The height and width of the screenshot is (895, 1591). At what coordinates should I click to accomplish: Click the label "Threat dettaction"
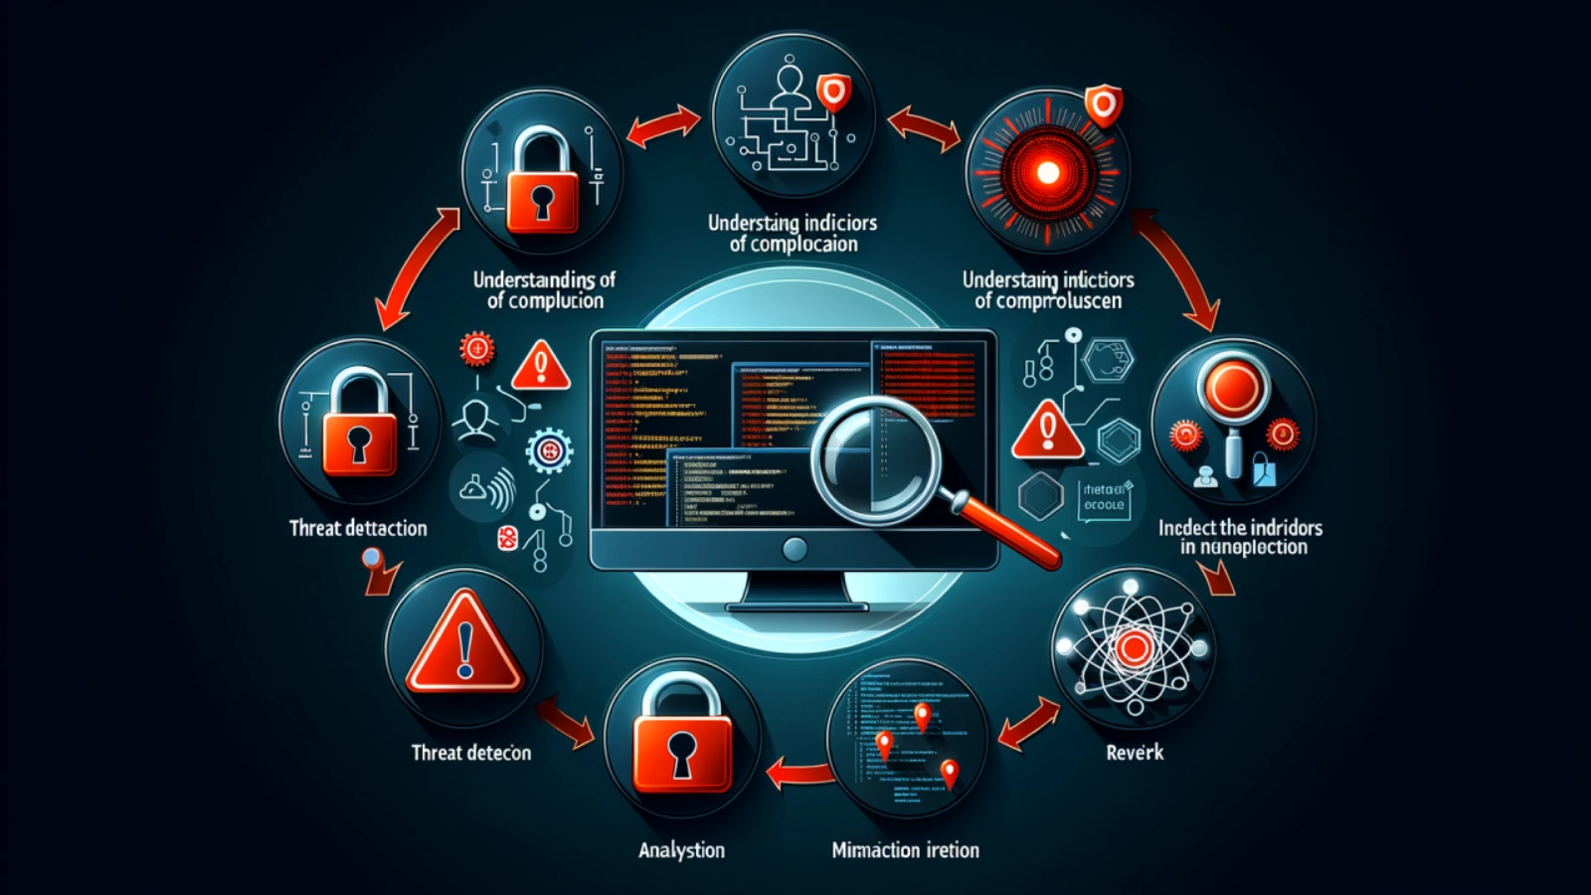(358, 528)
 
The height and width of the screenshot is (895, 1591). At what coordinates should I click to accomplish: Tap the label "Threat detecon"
(471, 753)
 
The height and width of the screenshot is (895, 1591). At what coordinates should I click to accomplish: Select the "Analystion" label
(681, 850)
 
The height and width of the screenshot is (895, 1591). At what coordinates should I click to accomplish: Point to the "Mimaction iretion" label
(905, 850)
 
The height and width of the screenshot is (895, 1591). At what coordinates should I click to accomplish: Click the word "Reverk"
(1135, 753)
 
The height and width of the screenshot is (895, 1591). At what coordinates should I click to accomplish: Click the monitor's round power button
(795, 548)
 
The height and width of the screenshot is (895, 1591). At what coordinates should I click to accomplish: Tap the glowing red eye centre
(1047, 173)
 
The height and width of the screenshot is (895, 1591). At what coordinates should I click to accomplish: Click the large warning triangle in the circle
(464, 644)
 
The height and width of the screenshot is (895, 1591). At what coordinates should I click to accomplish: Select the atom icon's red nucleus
(1134, 648)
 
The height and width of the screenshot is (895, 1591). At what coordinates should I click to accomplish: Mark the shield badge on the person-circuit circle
(833, 94)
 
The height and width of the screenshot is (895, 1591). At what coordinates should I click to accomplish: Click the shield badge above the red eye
(1103, 103)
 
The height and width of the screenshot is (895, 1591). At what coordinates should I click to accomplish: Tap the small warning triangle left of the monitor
(541, 366)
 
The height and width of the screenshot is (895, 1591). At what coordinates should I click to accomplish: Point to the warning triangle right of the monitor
(1046, 430)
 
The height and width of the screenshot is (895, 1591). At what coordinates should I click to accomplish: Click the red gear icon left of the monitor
(477, 349)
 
